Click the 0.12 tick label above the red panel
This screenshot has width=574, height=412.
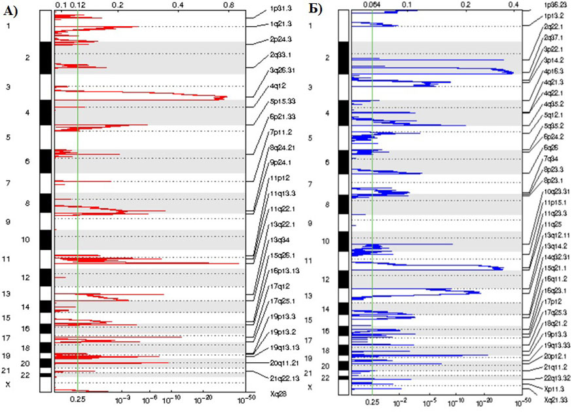tap(77, 5)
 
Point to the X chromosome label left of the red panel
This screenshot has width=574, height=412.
tap(8, 384)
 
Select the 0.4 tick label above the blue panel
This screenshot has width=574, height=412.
tap(514, 5)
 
